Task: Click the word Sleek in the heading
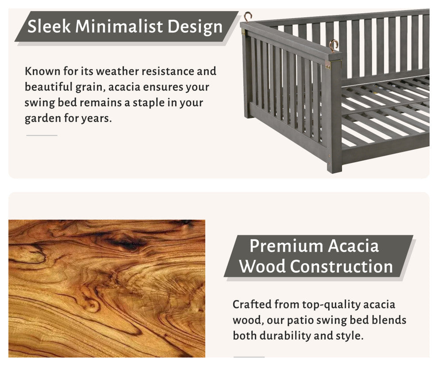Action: [49, 26]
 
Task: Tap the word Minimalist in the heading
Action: [119, 26]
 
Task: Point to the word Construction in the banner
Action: [342, 266]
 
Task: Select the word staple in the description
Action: [148, 103]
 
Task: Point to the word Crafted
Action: [252, 304]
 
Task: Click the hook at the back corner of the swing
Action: [247, 17]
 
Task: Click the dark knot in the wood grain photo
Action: [127, 242]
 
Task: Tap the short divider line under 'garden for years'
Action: [42, 136]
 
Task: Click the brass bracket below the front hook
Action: [328, 66]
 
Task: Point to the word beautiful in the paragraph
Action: [49, 87]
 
